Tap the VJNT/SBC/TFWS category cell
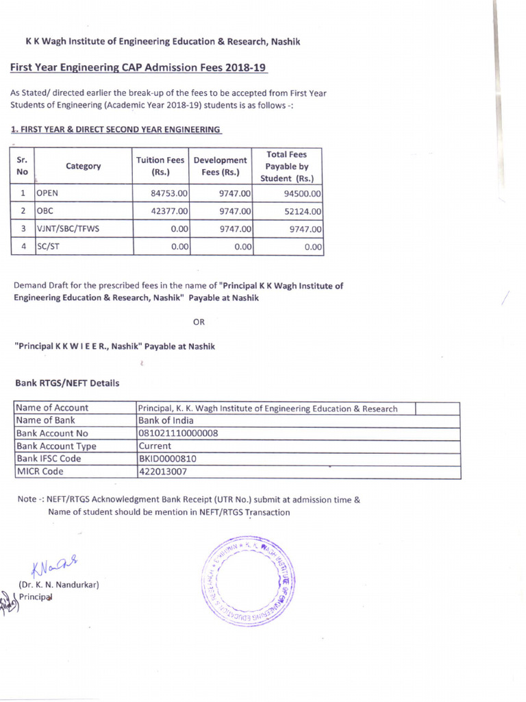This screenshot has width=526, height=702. coord(68,229)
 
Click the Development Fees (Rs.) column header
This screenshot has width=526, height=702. coord(220,166)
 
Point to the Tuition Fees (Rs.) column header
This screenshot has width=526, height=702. coord(160,166)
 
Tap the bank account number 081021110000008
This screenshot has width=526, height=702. coord(178,433)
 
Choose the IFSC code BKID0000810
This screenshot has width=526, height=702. coord(168,459)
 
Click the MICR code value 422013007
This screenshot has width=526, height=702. coord(162,472)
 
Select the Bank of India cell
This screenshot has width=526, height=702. coord(166,420)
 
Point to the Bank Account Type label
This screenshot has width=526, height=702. coord(56,446)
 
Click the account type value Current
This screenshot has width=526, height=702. coord(155,446)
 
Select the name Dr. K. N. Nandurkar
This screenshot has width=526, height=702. coord(60,585)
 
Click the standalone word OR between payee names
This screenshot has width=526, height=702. coord(199,322)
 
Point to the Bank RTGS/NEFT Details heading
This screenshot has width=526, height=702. coord(67,383)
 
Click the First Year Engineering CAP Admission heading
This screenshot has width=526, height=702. coord(139,68)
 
